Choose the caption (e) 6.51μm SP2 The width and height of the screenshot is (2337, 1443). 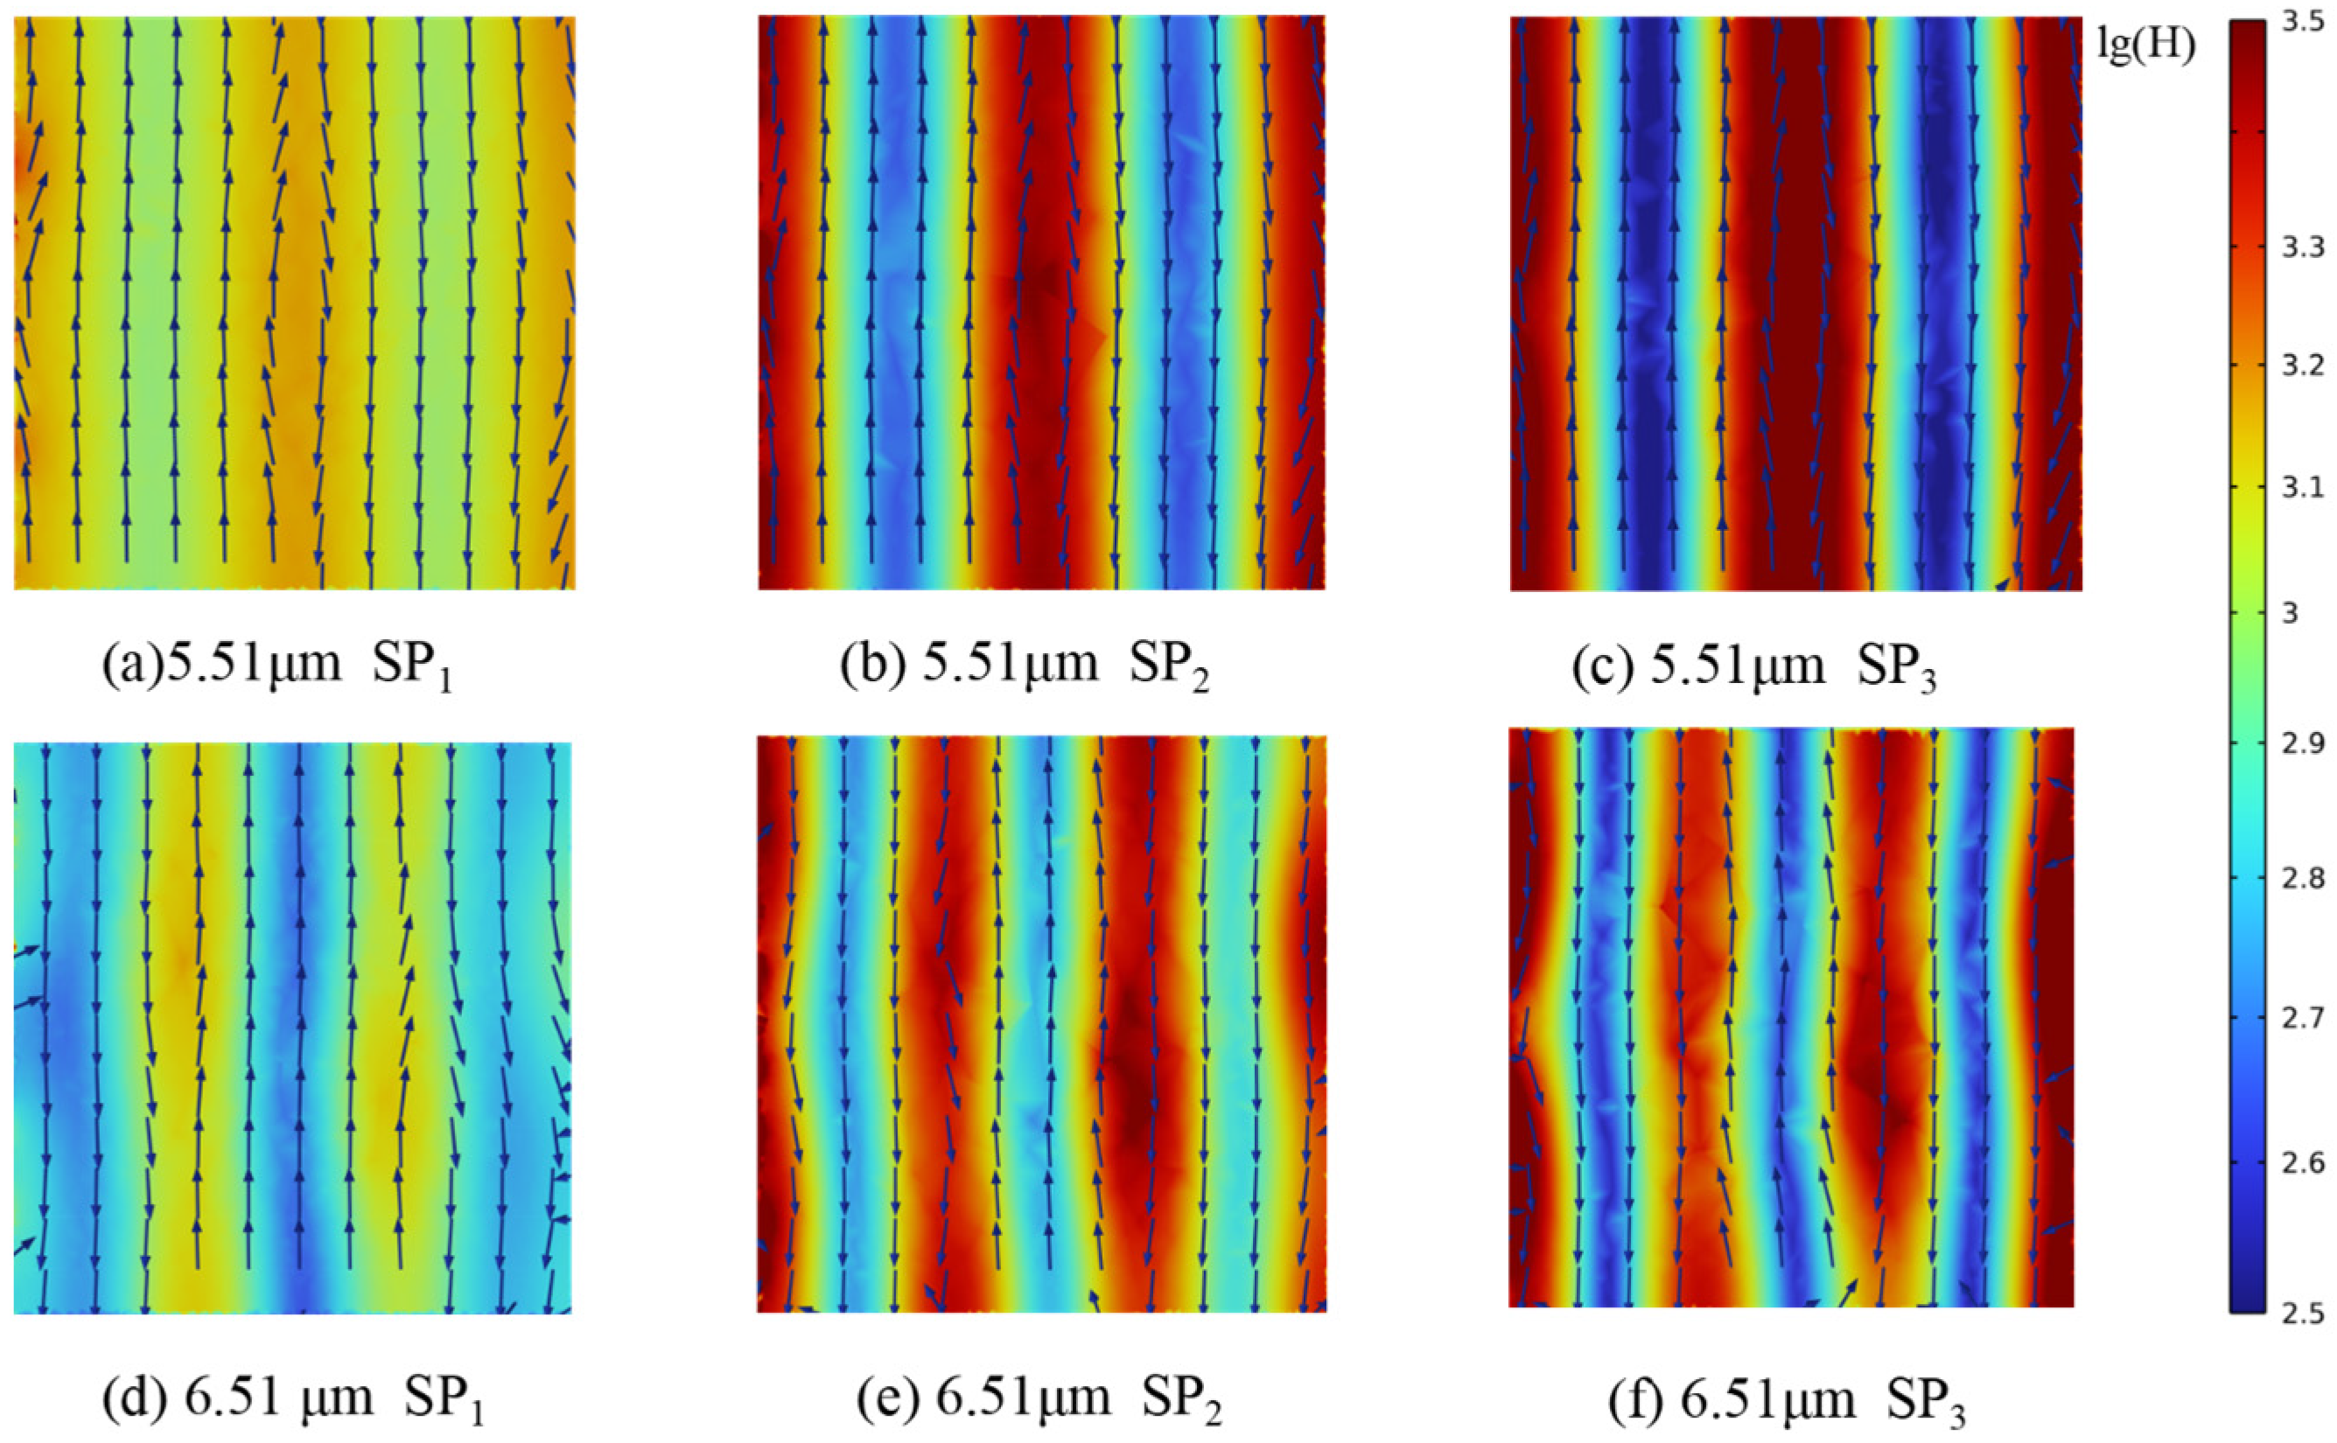pyautogui.click(x=1039, y=1399)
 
